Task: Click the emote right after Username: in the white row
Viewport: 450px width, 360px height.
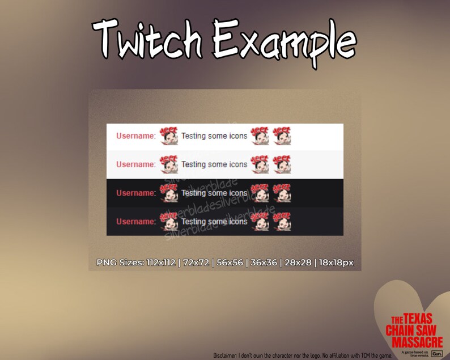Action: [x=168, y=136]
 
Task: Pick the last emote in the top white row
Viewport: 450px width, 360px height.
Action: [x=282, y=136]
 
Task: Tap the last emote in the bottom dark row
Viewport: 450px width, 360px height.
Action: [x=282, y=222]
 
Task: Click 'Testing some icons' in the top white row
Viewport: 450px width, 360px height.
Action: [x=214, y=136]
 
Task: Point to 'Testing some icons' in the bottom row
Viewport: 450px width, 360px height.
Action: [x=214, y=222]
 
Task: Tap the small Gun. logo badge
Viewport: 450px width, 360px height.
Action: [x=436, y=353]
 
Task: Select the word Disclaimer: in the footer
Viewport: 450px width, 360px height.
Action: [x=227, y=355]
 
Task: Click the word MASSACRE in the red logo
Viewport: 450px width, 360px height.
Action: [x=414, y=342]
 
